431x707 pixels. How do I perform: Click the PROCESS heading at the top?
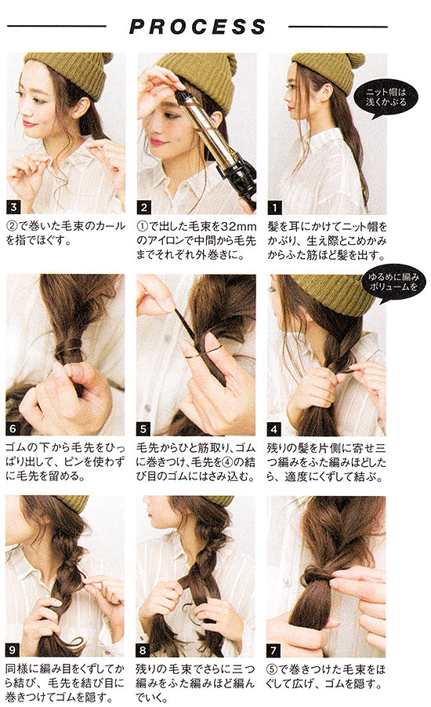click(x=197, y=27)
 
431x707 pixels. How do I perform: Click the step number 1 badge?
click(x=274, y=208)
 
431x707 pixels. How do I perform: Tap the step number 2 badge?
click(x=143, y=208)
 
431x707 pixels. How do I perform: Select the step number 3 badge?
click(x=13, y=207)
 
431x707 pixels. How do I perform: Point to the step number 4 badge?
click(x=273, y=428)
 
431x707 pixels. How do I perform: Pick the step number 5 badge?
click(x=143, y=428)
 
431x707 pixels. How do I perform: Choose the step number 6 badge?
click(x=13, y=428)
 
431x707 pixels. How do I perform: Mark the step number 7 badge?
click(x=273, y=651)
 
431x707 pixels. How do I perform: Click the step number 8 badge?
click(x=143, y=651)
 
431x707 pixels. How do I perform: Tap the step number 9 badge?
click(x=13, y=651)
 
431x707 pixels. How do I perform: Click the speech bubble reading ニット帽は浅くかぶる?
click(x=386, y=98)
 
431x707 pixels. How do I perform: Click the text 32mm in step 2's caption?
click(x=232, y=226)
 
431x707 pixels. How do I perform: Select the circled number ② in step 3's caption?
click(x=11, y=226)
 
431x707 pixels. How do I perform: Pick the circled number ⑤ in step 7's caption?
click(x=272, y=669)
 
